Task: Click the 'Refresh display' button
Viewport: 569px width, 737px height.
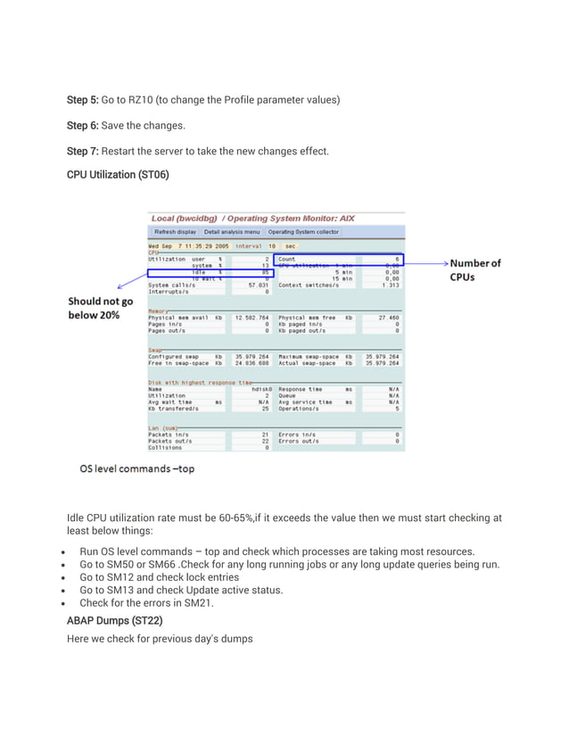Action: [x=174, y=231]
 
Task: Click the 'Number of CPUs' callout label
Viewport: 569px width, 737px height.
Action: [x=474, y=269]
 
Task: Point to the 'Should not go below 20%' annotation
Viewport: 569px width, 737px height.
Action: [x=101, y=308]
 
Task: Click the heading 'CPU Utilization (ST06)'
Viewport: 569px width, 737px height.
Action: [x=118, y=175]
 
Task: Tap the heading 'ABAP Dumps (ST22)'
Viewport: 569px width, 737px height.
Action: [x=113, y=619]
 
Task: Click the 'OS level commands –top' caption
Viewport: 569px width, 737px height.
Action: [x=136, y=468]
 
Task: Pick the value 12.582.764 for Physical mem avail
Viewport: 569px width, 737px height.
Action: [x=252, y=318]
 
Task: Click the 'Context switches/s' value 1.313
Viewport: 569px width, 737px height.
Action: [x=390, y=286]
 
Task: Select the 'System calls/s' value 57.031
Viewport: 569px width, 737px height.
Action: [x=257, y=286]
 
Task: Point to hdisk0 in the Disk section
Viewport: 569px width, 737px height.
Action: [x=256, y=390]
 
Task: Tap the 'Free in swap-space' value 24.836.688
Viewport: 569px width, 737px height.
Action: [x=252, y=363]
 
